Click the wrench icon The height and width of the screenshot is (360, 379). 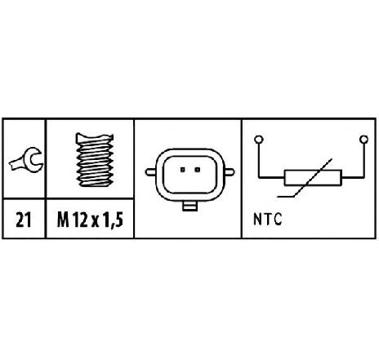point(26,161)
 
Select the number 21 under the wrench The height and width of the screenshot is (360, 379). point(24,220)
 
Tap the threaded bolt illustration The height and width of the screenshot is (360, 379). point(95,160)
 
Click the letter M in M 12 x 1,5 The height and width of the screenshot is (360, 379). point(63,220)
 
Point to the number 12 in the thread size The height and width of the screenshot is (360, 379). point(80,220)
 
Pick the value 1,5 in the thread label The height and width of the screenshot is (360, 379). point(113,220)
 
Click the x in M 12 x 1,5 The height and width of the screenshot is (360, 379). point(95,222)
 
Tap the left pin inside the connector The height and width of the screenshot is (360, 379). point(183,170)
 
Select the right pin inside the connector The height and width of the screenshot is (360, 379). point(198,170)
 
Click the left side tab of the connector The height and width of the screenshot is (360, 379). point(150,172)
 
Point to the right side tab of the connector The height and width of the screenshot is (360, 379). point(230,172)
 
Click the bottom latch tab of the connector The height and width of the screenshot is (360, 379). point(190,206)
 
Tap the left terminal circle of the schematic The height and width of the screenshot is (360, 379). point(258,140)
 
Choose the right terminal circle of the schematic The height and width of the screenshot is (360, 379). point(363,140)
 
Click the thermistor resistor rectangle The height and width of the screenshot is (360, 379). point(313,178)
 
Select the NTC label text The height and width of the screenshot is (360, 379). point(267,220)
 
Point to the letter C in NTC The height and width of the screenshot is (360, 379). point(278,220)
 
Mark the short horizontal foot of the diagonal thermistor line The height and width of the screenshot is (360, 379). point(286,196)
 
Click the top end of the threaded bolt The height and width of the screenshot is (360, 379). point(95,137)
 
